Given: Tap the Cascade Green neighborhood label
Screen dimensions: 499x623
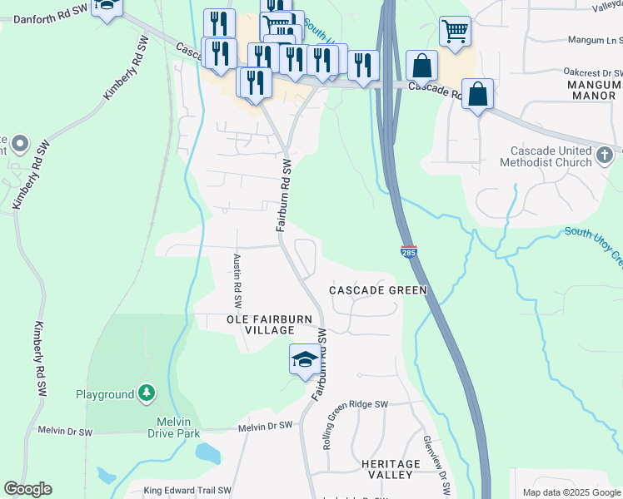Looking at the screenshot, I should click(377, 290).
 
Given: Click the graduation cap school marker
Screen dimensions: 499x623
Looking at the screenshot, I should click(304, 360).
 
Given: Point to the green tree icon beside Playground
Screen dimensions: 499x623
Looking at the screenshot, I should click(147, 393).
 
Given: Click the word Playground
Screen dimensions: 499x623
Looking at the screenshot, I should click(105, 393).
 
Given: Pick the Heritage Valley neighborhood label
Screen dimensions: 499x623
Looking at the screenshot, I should click(387, 469).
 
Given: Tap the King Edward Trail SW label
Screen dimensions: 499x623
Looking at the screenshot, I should click(187, 491).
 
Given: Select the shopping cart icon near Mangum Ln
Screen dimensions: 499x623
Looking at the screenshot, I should click(455, 32).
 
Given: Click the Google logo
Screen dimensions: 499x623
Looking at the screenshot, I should click(27, 489).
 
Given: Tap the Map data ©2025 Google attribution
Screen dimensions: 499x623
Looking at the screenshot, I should click(571, 492).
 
